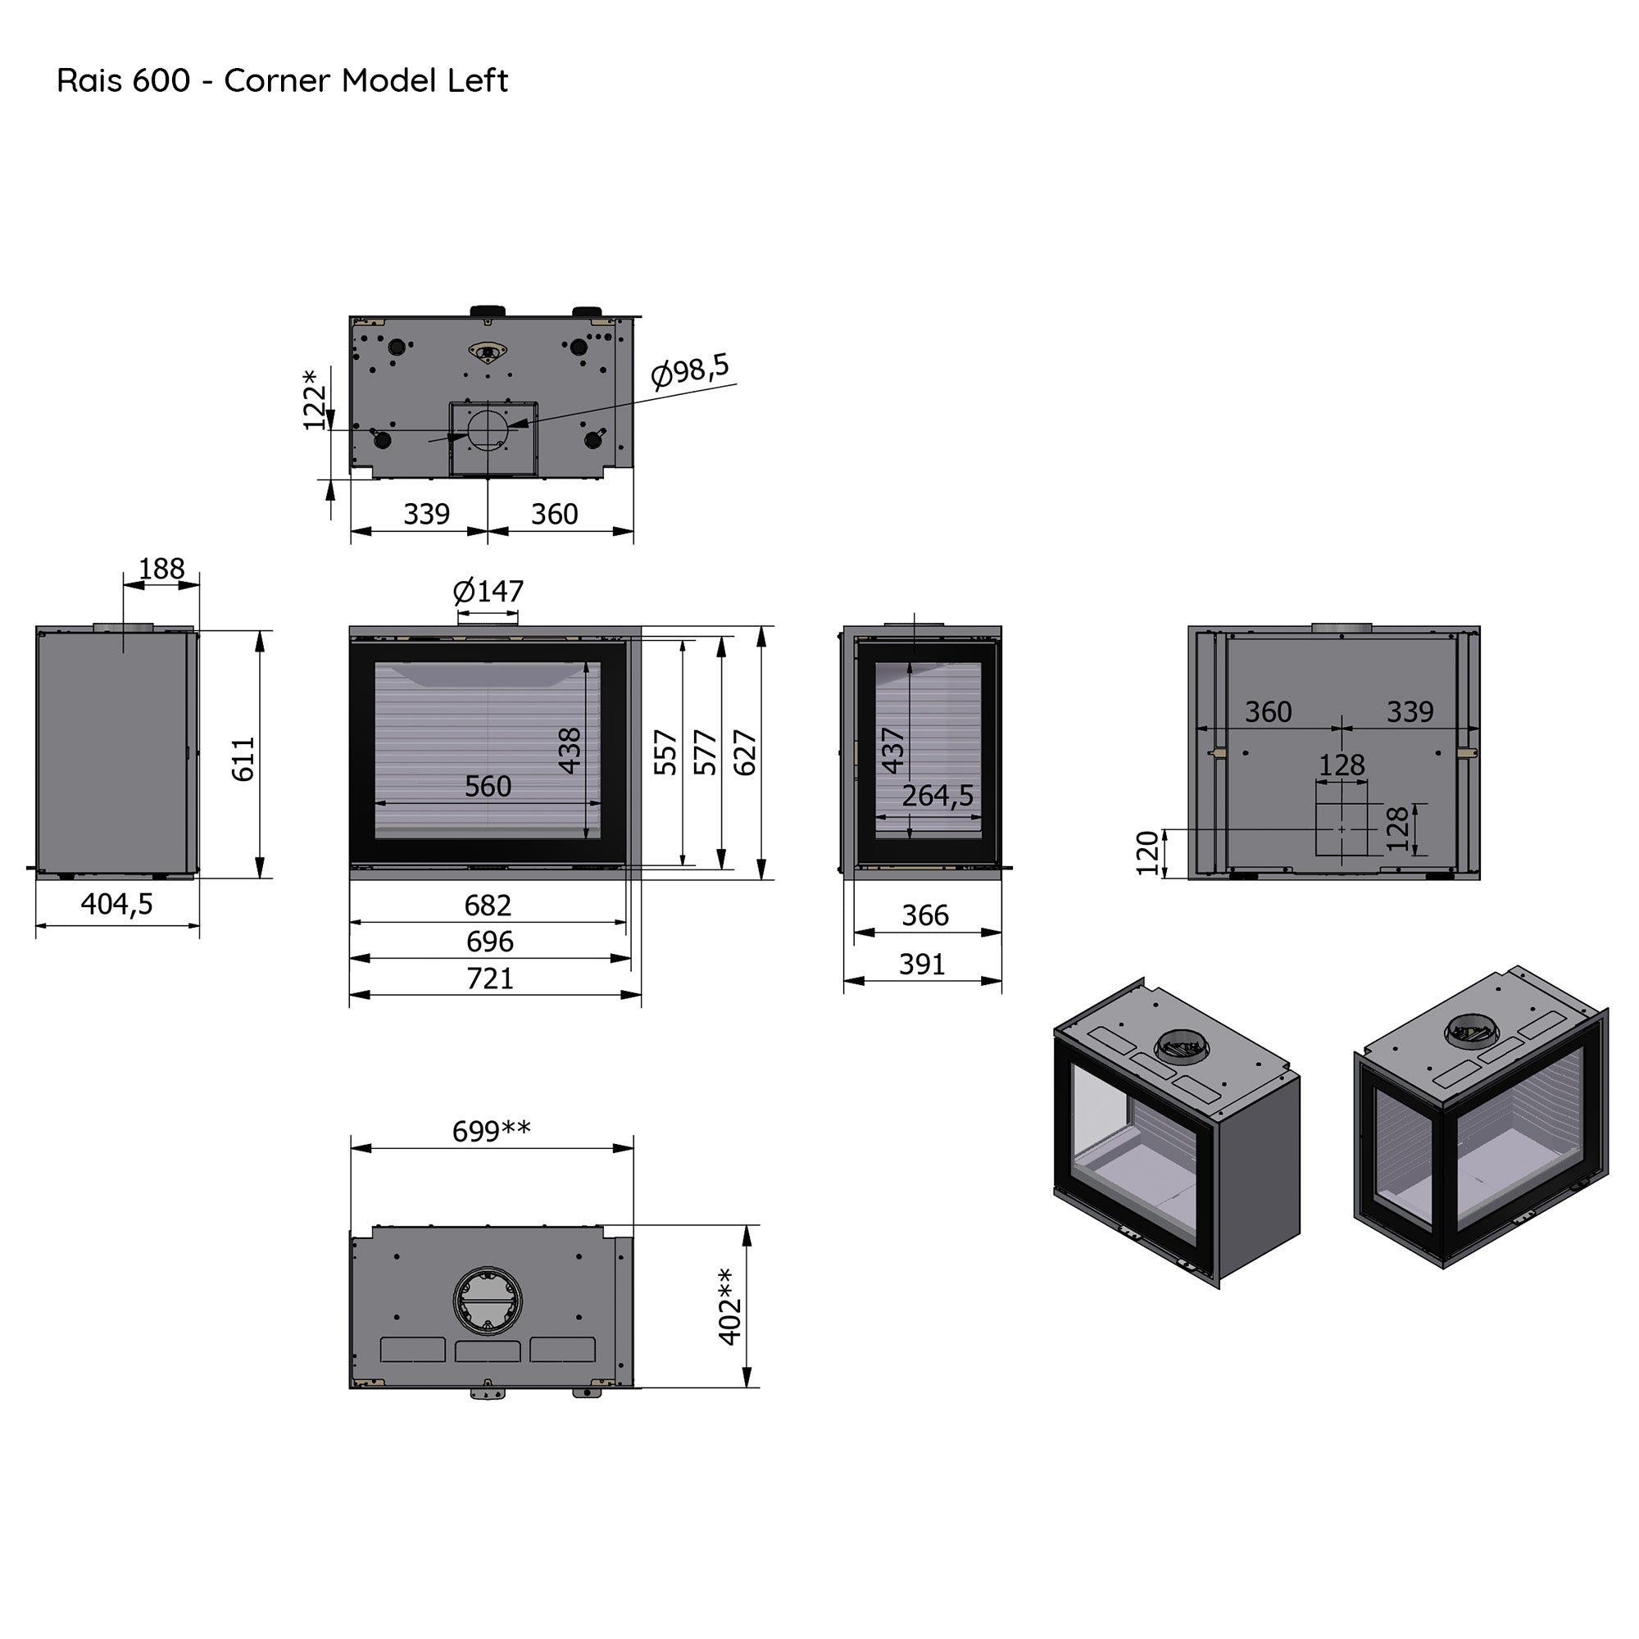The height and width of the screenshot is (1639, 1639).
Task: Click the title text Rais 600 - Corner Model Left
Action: click(x=283, y=80)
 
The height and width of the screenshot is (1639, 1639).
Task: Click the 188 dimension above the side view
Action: click(x=161, y=569)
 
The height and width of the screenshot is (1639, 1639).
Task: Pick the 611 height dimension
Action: click(x=243, y=758)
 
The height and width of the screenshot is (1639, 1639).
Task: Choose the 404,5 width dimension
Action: click(x=117, y=905)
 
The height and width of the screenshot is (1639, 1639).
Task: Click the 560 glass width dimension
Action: click(x=488, y=787)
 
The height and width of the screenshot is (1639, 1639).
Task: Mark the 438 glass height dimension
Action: click(x=570, y=751)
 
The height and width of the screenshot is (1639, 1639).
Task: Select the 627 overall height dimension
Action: click(x=745, y=752)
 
